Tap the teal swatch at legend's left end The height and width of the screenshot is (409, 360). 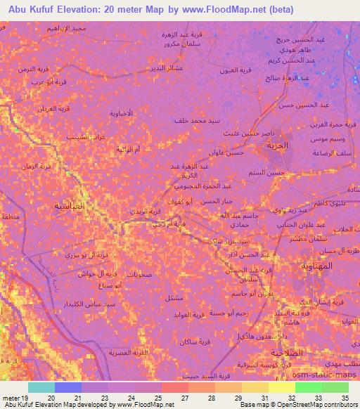pyautogui.click(x=41, y=387)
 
